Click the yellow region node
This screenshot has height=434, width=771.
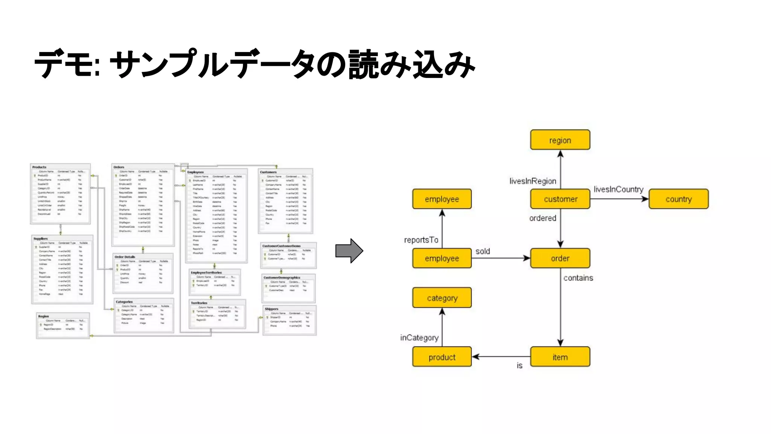560,140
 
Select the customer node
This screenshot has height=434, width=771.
560,199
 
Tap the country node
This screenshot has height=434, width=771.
678,199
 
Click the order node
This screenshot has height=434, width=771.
560,258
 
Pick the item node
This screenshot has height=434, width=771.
560,357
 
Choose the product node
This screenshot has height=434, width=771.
442,357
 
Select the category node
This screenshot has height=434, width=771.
442,298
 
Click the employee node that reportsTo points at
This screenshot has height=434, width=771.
442,199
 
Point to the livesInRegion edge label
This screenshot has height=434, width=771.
532,181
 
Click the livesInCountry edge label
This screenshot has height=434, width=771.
618,189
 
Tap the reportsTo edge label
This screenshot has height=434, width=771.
421,240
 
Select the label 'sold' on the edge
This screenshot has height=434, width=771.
482,251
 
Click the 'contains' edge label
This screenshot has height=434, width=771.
578,278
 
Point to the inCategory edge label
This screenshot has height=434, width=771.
419,338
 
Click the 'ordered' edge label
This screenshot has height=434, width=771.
542,218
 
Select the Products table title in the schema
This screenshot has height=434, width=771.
39,167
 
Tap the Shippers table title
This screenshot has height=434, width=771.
271,309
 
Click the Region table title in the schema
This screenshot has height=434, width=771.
44,316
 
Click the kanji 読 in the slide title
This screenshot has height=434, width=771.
363,65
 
